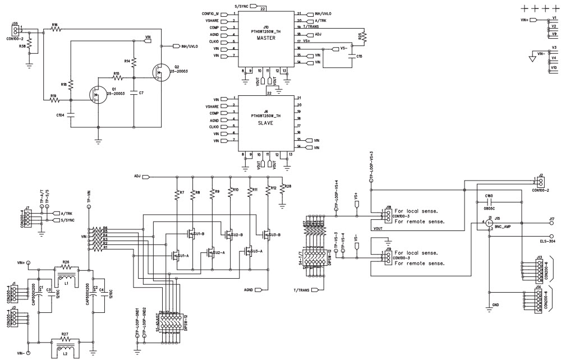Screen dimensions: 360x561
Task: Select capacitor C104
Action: (71, 114)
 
